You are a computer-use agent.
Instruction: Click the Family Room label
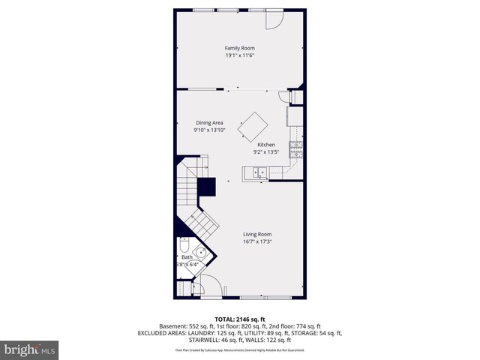[240, 48]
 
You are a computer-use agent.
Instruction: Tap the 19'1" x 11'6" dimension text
[240, 55]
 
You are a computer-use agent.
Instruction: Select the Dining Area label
[210, 122]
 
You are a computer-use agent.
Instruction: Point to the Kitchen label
[266, 145]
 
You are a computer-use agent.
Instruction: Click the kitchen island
[253, 125]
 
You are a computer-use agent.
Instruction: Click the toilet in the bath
[184, 247]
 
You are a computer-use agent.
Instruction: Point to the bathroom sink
[199, 253]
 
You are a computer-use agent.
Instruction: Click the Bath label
[187, 257]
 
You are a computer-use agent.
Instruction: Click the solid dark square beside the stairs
[206, 186]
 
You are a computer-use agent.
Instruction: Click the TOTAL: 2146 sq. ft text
[240, 319]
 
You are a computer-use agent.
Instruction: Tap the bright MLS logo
[31, 349]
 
